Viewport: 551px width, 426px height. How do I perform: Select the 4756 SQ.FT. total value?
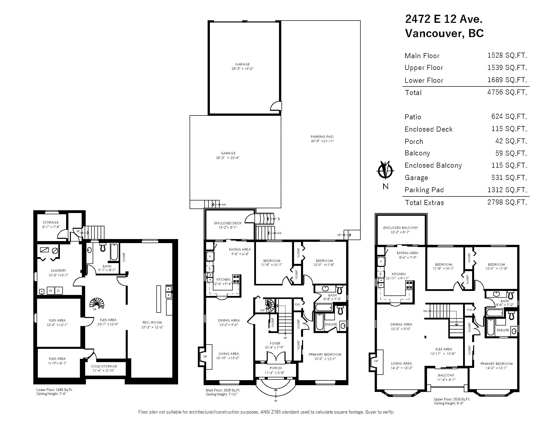[507, 92]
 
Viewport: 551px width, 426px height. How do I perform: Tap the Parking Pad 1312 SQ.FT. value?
[507, 190]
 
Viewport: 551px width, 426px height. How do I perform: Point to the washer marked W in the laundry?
[51, 290]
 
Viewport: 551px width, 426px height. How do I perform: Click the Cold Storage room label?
[104, 366]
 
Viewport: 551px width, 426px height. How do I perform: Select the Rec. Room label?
[152, 323]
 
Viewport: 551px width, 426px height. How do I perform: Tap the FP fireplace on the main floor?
[205, 357]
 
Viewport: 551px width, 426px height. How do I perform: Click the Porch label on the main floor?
[275, 368]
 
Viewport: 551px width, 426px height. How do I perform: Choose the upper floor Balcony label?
[446, 375]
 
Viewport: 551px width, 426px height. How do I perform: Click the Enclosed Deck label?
[228, 223]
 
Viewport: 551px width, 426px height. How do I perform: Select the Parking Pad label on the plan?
[322, 137]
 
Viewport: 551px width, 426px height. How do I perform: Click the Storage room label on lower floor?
[51, 222]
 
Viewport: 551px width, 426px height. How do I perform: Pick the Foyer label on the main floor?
[275, 344]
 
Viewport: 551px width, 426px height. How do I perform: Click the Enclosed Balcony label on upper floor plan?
[400, 228]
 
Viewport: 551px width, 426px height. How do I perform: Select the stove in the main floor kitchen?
[236, 279]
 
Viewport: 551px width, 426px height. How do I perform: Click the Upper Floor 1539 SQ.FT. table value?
[507, 68]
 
